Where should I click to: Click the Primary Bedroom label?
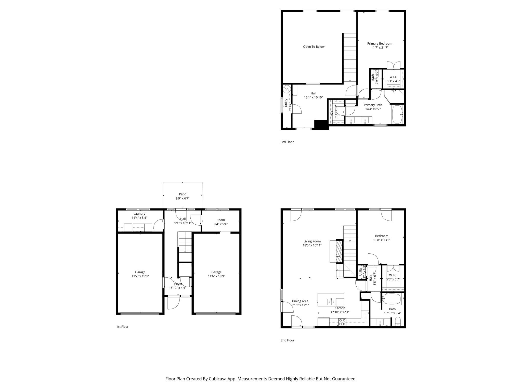click(380, 44)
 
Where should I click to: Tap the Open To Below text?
click(314, 47)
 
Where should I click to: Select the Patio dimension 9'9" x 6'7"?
click(182, 198)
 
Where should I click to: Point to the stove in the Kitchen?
click(342, 322)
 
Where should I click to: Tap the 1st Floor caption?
click(122, 327)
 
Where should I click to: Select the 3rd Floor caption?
click(287, 142)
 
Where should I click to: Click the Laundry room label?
click(139, 214)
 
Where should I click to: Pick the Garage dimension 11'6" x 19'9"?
click(216, 276)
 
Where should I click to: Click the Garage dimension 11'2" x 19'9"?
click(140, 276)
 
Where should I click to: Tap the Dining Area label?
click(300, 301)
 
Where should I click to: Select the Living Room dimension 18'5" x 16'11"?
click(312, 245)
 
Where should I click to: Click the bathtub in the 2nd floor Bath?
click(392, 299)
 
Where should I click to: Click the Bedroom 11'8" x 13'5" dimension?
click(382, 240)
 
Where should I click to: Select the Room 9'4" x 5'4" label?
click(220, 220)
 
